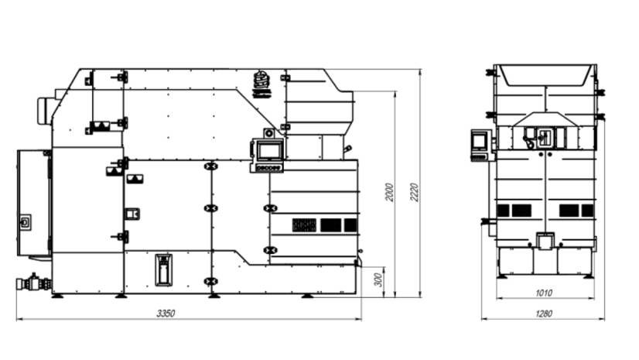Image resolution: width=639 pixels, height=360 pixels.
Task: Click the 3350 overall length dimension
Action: [x=166, y=313]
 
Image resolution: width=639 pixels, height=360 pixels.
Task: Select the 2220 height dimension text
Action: [x=415, y=193]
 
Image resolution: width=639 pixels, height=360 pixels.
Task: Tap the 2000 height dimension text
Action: [x=390, y=192]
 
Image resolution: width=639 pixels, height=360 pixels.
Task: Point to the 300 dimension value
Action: [x=378, y=279]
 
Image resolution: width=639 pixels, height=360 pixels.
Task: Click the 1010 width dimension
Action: [x=544, y=293]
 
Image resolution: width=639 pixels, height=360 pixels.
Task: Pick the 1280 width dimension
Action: [x=544, y=314]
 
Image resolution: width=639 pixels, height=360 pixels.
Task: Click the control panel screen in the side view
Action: [x=269, y=152]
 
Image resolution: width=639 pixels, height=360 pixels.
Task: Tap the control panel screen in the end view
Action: [x=478, y=141]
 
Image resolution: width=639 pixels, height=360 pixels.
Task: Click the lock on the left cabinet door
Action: [x=26, y=222]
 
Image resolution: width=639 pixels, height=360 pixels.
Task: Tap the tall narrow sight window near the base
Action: [x=163, y=270]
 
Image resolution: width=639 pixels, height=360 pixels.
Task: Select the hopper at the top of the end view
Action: [x=545, y=75]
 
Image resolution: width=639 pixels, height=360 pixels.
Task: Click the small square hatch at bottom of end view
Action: [x=545, y=242]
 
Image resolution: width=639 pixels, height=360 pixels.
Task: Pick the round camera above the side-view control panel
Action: [x=269, y=133]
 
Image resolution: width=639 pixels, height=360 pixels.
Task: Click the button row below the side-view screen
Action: [x=268, y=167]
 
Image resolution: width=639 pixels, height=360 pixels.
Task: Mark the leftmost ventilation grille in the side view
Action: [x=304, y=225]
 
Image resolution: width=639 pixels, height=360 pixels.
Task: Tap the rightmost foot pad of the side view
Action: [x=307, y=296]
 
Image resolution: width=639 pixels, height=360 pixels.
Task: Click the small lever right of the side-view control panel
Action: [x=347, y=150]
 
